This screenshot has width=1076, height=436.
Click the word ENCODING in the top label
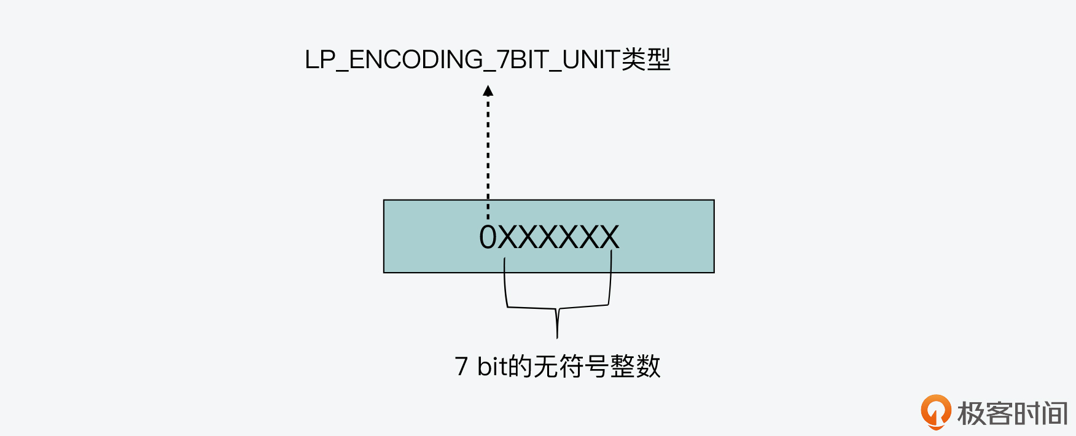click(x=416, y=60)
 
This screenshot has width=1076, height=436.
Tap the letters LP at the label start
click(x=320, y=60)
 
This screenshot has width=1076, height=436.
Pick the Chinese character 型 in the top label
click(x=658, y=60)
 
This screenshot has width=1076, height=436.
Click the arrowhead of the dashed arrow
click(x=488, y=91)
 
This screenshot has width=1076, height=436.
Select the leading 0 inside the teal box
click(x=488, y=238)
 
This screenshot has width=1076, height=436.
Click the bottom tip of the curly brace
click(x=557, y=337)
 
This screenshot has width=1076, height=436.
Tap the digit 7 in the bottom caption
click(x=461, y=367)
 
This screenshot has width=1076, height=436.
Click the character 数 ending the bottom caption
click(x=649, y=367)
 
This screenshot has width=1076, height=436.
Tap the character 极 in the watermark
click(x=971, y=413)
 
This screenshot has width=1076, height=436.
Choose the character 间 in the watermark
click(x=1055, y=413)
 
